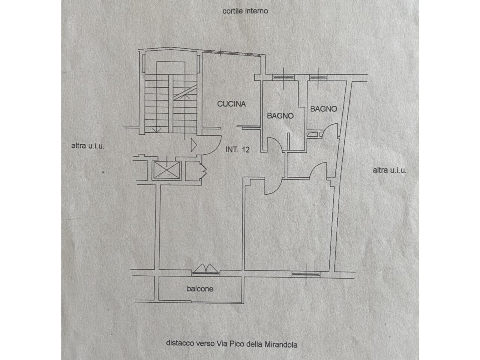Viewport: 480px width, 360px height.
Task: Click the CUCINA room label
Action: point(231,104)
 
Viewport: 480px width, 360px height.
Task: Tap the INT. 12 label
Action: point(237,150)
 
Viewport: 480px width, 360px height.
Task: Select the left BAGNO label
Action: point(280,116)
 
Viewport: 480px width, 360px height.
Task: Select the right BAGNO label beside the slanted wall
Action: point(324,109)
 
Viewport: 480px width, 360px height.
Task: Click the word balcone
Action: point(200,289)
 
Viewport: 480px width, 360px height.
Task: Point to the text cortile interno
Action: point(245,11)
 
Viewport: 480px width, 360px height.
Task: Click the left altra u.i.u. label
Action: point(87,146)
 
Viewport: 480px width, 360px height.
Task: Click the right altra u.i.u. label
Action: point(390,170)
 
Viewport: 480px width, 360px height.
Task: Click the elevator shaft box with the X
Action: point(167,169)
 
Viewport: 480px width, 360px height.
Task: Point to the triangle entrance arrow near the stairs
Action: point(193,145)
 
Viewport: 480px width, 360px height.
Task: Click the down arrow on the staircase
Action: point(157,129)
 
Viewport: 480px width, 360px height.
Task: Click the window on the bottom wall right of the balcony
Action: point(306,274)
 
